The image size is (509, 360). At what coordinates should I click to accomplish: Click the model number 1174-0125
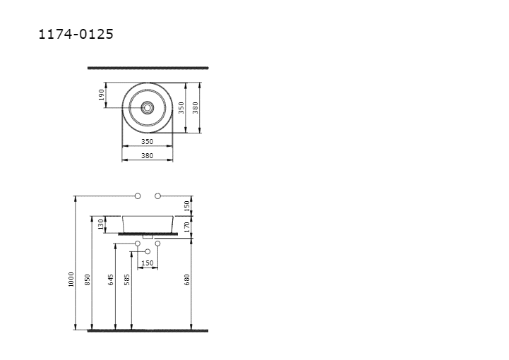[76, 34]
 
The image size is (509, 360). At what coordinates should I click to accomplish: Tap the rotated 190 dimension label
[101, 95]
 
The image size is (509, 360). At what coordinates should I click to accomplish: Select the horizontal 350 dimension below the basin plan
[147, 142]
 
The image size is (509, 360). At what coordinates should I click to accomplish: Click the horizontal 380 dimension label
[147, 156]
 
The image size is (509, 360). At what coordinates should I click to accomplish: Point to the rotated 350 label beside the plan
[181, 108]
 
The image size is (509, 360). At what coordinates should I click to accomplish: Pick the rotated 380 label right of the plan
[195, 108]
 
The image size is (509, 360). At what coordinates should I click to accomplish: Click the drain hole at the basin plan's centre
[148, 107]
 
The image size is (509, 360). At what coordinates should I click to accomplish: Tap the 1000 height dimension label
[71, 280]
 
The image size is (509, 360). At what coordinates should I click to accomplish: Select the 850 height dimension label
[87, 280]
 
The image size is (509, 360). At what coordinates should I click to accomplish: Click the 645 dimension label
[111, 280]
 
